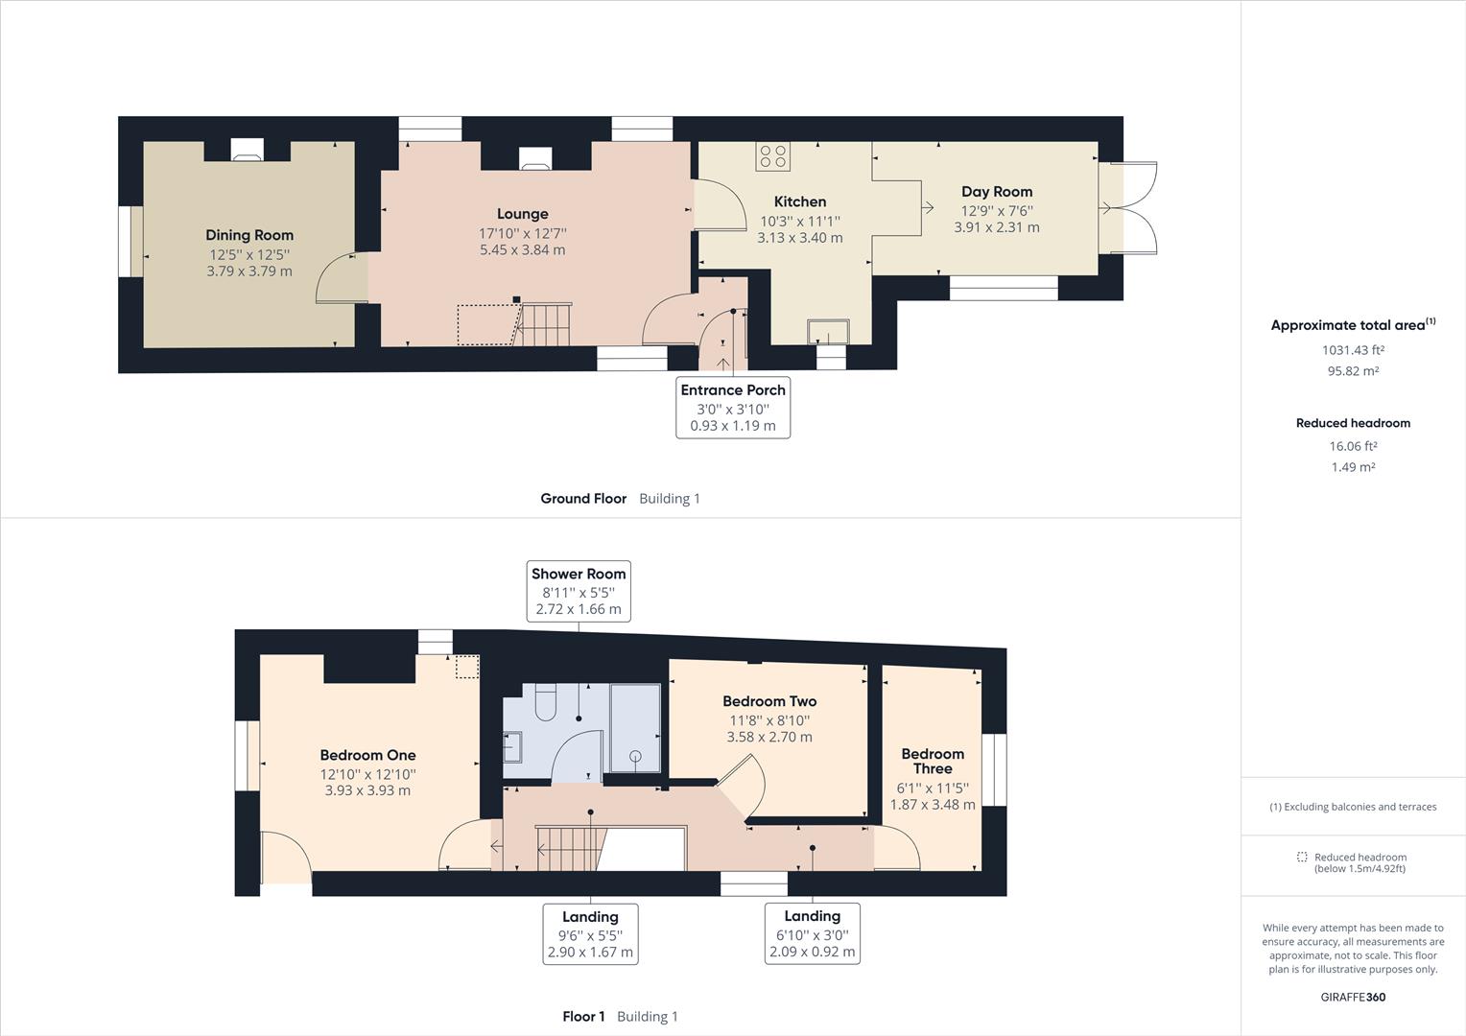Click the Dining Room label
[249, 235]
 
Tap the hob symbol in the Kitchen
[772, 156]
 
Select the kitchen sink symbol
[828, 331]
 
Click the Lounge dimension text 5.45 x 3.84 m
[522, 249]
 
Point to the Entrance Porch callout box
[733, 407]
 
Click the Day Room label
[996, 192]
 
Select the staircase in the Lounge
[545, 323]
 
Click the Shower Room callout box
[579, 591]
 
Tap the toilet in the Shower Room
[544, 701]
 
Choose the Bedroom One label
[367, 755]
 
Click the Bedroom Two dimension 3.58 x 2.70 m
[769, 737]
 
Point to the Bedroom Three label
[933, 761]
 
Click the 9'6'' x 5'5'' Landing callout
[590, 933]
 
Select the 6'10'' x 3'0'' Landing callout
[812, 933]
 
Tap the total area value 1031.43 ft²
[1353, 350]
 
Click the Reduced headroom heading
[1353, 423]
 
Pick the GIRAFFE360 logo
[1353, 997]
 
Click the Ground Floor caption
[583, 499]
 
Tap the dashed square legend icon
[1302, 857]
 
